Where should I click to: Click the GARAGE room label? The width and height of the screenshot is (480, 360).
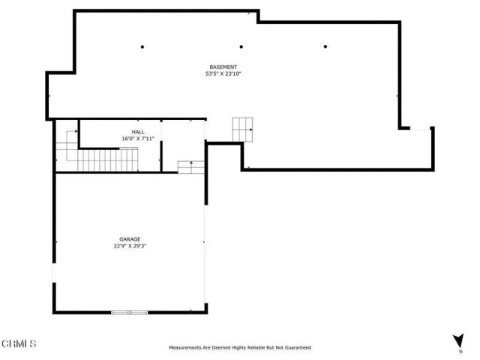[x=130, y=239]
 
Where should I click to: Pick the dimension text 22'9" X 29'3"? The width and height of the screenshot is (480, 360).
[x=130, y=246]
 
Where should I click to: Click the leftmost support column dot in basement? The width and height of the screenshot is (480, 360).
[x=142, y=46]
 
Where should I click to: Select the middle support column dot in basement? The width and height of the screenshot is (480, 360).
[x=241, y=46]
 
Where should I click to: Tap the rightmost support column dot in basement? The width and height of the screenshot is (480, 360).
[x=325, y=46]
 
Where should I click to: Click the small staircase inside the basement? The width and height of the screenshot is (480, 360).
[x=243, y=128]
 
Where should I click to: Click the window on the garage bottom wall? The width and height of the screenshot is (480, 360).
[x=129, y=311]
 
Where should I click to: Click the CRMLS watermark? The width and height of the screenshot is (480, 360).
[x=19, y=343]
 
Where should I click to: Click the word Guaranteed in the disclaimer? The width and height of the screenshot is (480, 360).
[x=296, y=348]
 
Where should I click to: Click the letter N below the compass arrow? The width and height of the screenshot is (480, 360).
[x=460, y=351]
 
